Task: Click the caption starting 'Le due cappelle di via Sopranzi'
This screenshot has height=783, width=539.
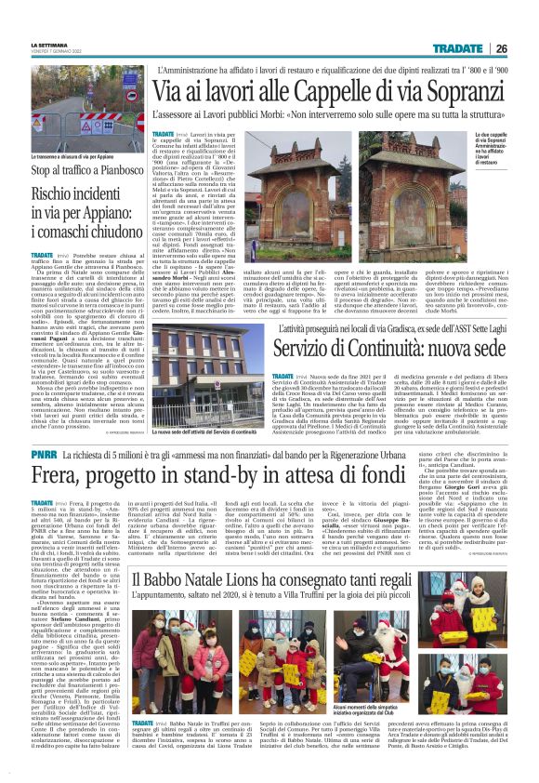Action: [x=501, y=156]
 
